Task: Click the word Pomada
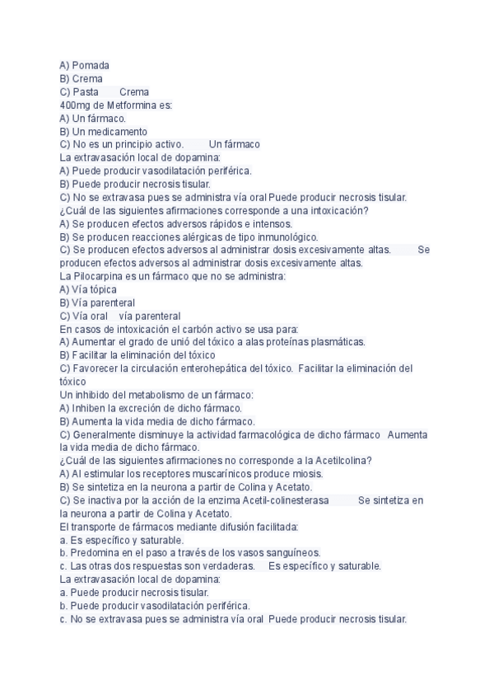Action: (91, 65)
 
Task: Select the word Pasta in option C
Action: (85, 91)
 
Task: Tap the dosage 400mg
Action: (77, 105)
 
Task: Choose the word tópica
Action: (103, 289)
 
